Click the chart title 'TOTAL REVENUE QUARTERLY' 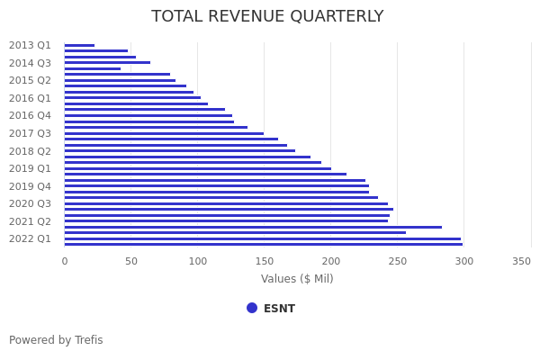tap(267, 17)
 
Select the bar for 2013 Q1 tap(79, 45)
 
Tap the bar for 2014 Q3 tap(107, 63)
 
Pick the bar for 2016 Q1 tap(132, 98)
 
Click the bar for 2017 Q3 tap(164, 133)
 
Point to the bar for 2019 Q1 tap(197, 168)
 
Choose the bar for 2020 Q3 tap(226, 203)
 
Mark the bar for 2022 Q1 tap(262, 238)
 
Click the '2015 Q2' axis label tap(30, 80)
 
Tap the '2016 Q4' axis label tap(30, 115)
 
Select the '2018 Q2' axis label tap(30, 151)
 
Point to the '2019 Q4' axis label tap(30, 186)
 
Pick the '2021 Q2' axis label tap(30, 221)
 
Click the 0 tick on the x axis tap(64, 261)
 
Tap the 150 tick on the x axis tap(264, 261)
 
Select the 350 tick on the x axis tap(522, 261)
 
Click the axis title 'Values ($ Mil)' tap(297, 279)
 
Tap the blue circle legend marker tap(252, 308)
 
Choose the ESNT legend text tap(279, 309)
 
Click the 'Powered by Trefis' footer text tap(56, 340)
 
